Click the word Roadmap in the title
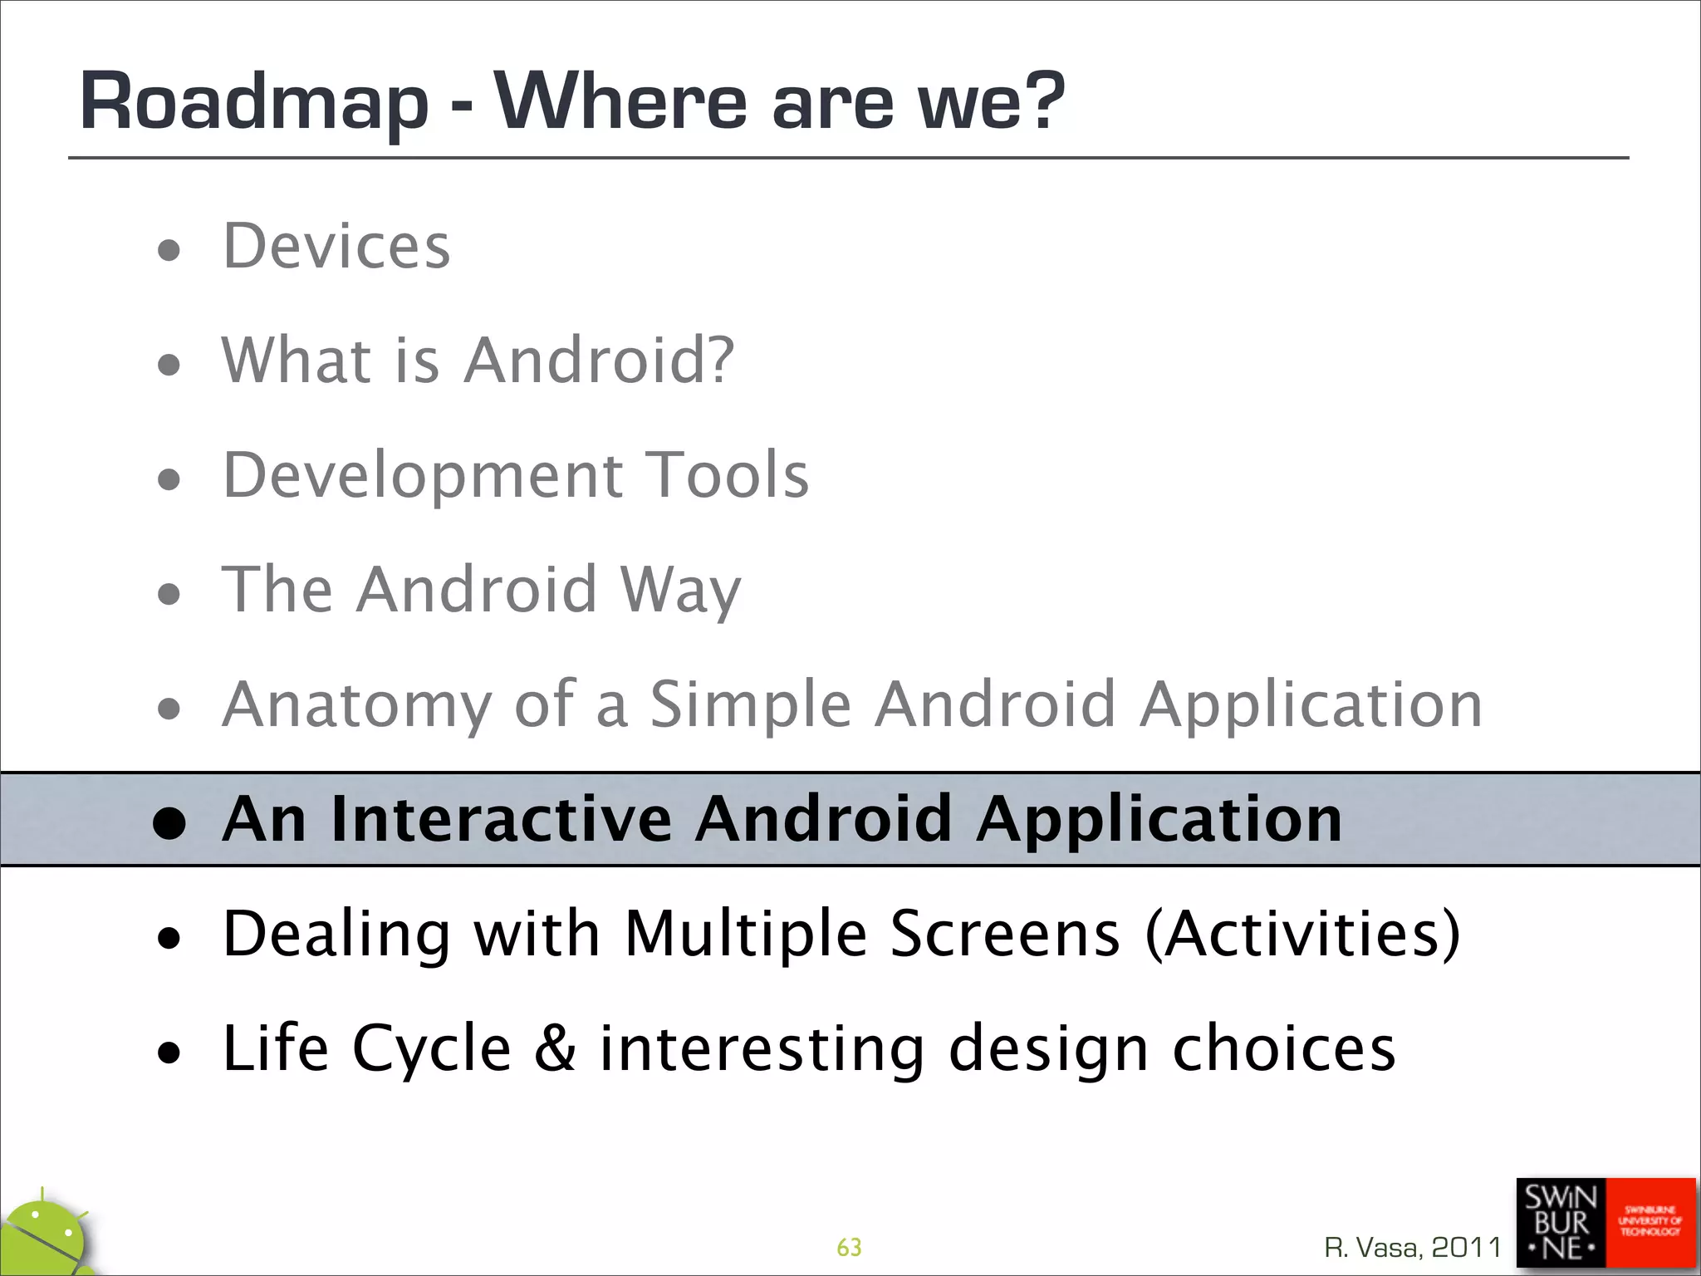(x=253, y=103)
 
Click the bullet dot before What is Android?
(x=169, y=364)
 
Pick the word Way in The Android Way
(x=680, y=591)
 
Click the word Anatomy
(x=357, y=704)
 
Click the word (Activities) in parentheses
(x=1301, y=934)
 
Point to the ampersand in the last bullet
(x=555, y=1048)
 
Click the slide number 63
(x=849, y=1247)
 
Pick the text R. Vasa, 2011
(x=1412, y=1247)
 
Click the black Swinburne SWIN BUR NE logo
(x=1560, y=1223)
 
